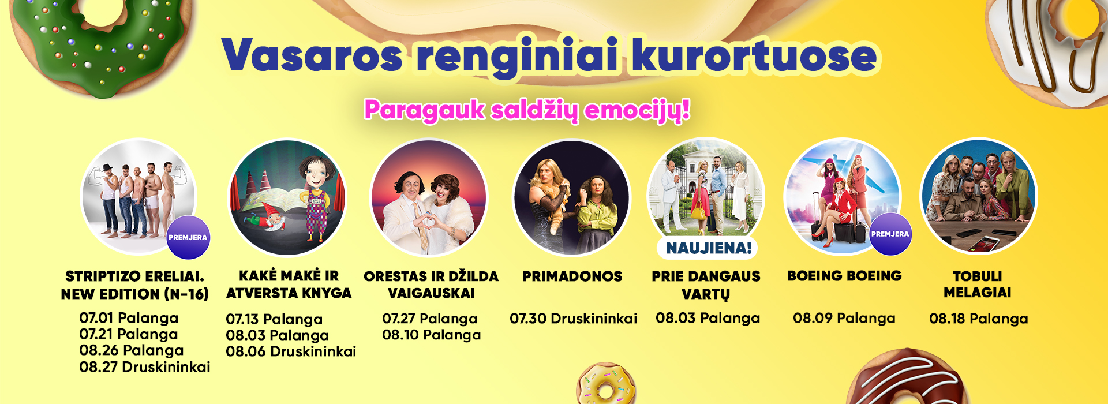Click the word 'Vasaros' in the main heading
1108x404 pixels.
click(x=313, y=55)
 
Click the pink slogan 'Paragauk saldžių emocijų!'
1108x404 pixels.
click(x=527, y=110)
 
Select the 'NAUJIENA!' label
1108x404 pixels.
click(x=709, y=248)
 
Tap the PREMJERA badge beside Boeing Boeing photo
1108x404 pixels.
click(x=890, y=234)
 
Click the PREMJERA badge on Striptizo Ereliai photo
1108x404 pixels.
click(x=188, y=237)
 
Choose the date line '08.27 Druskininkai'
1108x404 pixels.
click(x=144, y=366)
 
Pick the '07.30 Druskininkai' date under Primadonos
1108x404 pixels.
click(x=573, y=319)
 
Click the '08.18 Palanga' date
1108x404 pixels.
click(x=978, y=319)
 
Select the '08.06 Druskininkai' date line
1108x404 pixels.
click(x=291, y=351)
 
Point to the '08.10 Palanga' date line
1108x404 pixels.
click(x=431, y=335)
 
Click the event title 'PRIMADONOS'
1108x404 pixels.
click(x=572, y=276)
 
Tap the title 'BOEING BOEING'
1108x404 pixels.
click(x=844, y=276)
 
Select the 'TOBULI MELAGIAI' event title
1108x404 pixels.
click(x=978, y=285)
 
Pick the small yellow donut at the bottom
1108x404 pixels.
click(x=606, y=385)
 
